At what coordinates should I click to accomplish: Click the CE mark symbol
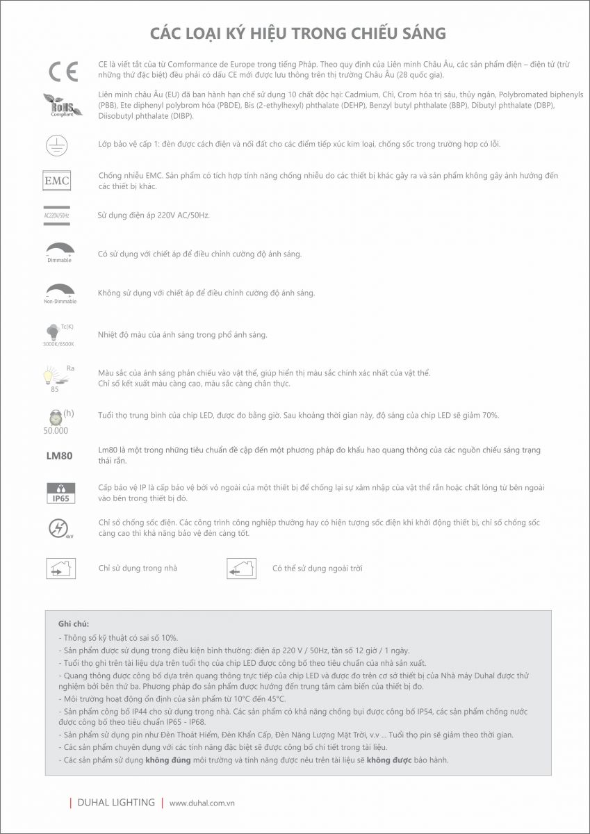(x=58, y=71)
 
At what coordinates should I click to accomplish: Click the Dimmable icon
(x=59, y=252)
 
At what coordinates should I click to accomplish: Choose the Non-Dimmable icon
(x=60, y=293)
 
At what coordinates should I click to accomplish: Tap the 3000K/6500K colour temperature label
(x=58, y=343)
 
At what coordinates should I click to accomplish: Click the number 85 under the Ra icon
(x=54, y=389)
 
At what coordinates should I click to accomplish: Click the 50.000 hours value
(x=56, y=430)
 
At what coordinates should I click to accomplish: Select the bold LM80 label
(x=58, y=456)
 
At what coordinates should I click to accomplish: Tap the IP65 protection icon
(x=58, y=493)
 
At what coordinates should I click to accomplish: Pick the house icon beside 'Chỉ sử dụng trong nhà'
(x=60, y=569)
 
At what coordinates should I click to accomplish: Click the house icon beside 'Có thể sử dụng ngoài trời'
(x=242, y=569)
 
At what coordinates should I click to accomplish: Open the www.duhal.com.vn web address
(x=202, y=803)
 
